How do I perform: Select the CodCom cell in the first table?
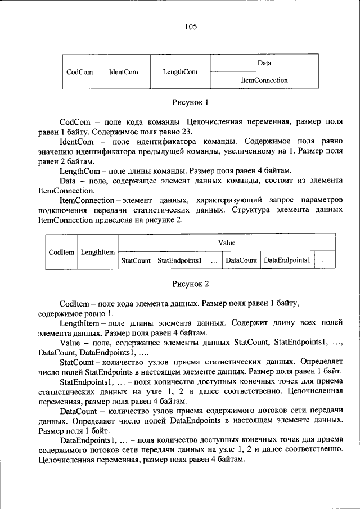point(79,72)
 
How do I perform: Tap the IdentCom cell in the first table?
point(123,72)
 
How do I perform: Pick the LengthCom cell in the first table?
point(180,72)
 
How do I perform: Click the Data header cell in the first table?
point(264,63)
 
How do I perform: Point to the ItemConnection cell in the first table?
point(264,80)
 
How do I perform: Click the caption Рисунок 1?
point(190,103)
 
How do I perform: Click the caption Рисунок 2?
point(190,284)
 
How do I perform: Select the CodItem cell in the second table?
point(62,252)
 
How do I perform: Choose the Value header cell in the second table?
point(227,243)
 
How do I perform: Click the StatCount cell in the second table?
point(136,261)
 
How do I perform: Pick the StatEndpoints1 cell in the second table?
point(179,261)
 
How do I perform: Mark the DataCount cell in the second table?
point(241,261)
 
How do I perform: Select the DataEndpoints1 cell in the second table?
point(287,261)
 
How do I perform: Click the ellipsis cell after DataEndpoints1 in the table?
point(325,261)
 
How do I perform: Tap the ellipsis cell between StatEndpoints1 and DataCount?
point(214,261)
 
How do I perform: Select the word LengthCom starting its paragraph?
point(77,170)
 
